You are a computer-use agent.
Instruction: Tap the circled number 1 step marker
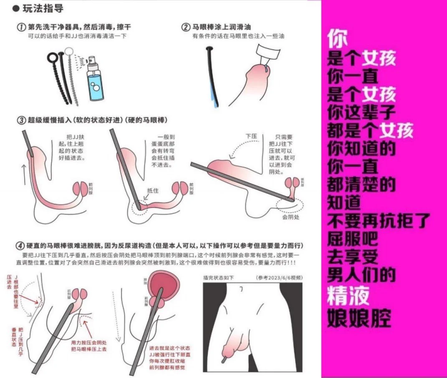tap(22, 27)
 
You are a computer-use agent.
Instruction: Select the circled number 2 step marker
tap(186, 27)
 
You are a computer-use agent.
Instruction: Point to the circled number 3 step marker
tap(22, 120)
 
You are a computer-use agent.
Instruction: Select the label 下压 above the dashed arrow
tap(251, 136)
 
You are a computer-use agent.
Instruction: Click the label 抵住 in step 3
tap(152, 190)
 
